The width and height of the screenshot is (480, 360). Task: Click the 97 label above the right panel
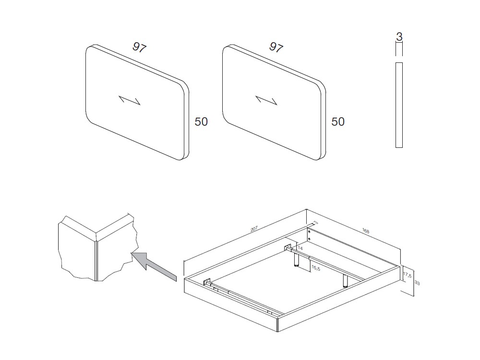(276, 47)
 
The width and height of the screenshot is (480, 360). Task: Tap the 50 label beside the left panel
(201, 122)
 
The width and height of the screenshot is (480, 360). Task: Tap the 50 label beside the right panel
(338, 122)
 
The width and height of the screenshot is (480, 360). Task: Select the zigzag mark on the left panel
(130, 100)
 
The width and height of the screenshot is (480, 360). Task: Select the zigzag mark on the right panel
(266, 100)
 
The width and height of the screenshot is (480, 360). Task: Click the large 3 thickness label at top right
(399, 36)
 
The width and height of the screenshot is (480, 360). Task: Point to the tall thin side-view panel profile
(398, 105)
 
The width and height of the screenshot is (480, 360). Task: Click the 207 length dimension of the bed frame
(255, 229)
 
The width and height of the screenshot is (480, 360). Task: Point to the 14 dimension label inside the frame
(300, 248)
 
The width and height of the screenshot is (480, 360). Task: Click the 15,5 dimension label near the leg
(316, 267)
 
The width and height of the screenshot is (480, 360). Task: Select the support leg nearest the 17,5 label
(345, 281)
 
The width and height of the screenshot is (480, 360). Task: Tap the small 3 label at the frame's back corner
(315, 223)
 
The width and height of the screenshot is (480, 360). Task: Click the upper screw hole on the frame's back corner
(309, 231)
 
